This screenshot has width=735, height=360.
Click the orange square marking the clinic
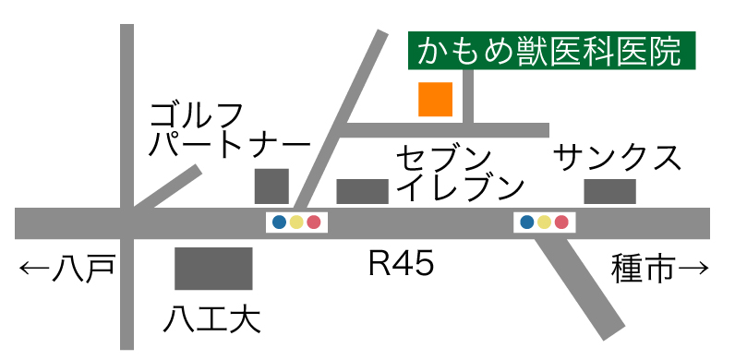point(435,100)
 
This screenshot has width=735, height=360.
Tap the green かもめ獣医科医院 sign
point(551,52)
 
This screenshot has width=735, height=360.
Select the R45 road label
point(401,266)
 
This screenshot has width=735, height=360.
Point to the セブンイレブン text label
point(460,172)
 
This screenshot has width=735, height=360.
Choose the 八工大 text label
point(212,320)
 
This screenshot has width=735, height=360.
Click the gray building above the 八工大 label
point(213,269)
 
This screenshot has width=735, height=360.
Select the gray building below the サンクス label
point(610,191)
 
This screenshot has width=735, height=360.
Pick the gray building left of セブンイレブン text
point(362,191)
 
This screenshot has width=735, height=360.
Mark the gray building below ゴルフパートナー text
point(271,186)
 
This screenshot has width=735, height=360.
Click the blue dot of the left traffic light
point(280,222)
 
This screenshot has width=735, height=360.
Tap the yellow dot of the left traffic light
point(296,222)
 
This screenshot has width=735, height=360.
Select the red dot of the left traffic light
point(314,222)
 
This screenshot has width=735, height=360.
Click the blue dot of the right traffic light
point(527,222)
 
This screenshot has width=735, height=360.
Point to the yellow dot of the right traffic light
point(545,222)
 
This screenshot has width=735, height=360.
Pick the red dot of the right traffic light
point(561,222)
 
